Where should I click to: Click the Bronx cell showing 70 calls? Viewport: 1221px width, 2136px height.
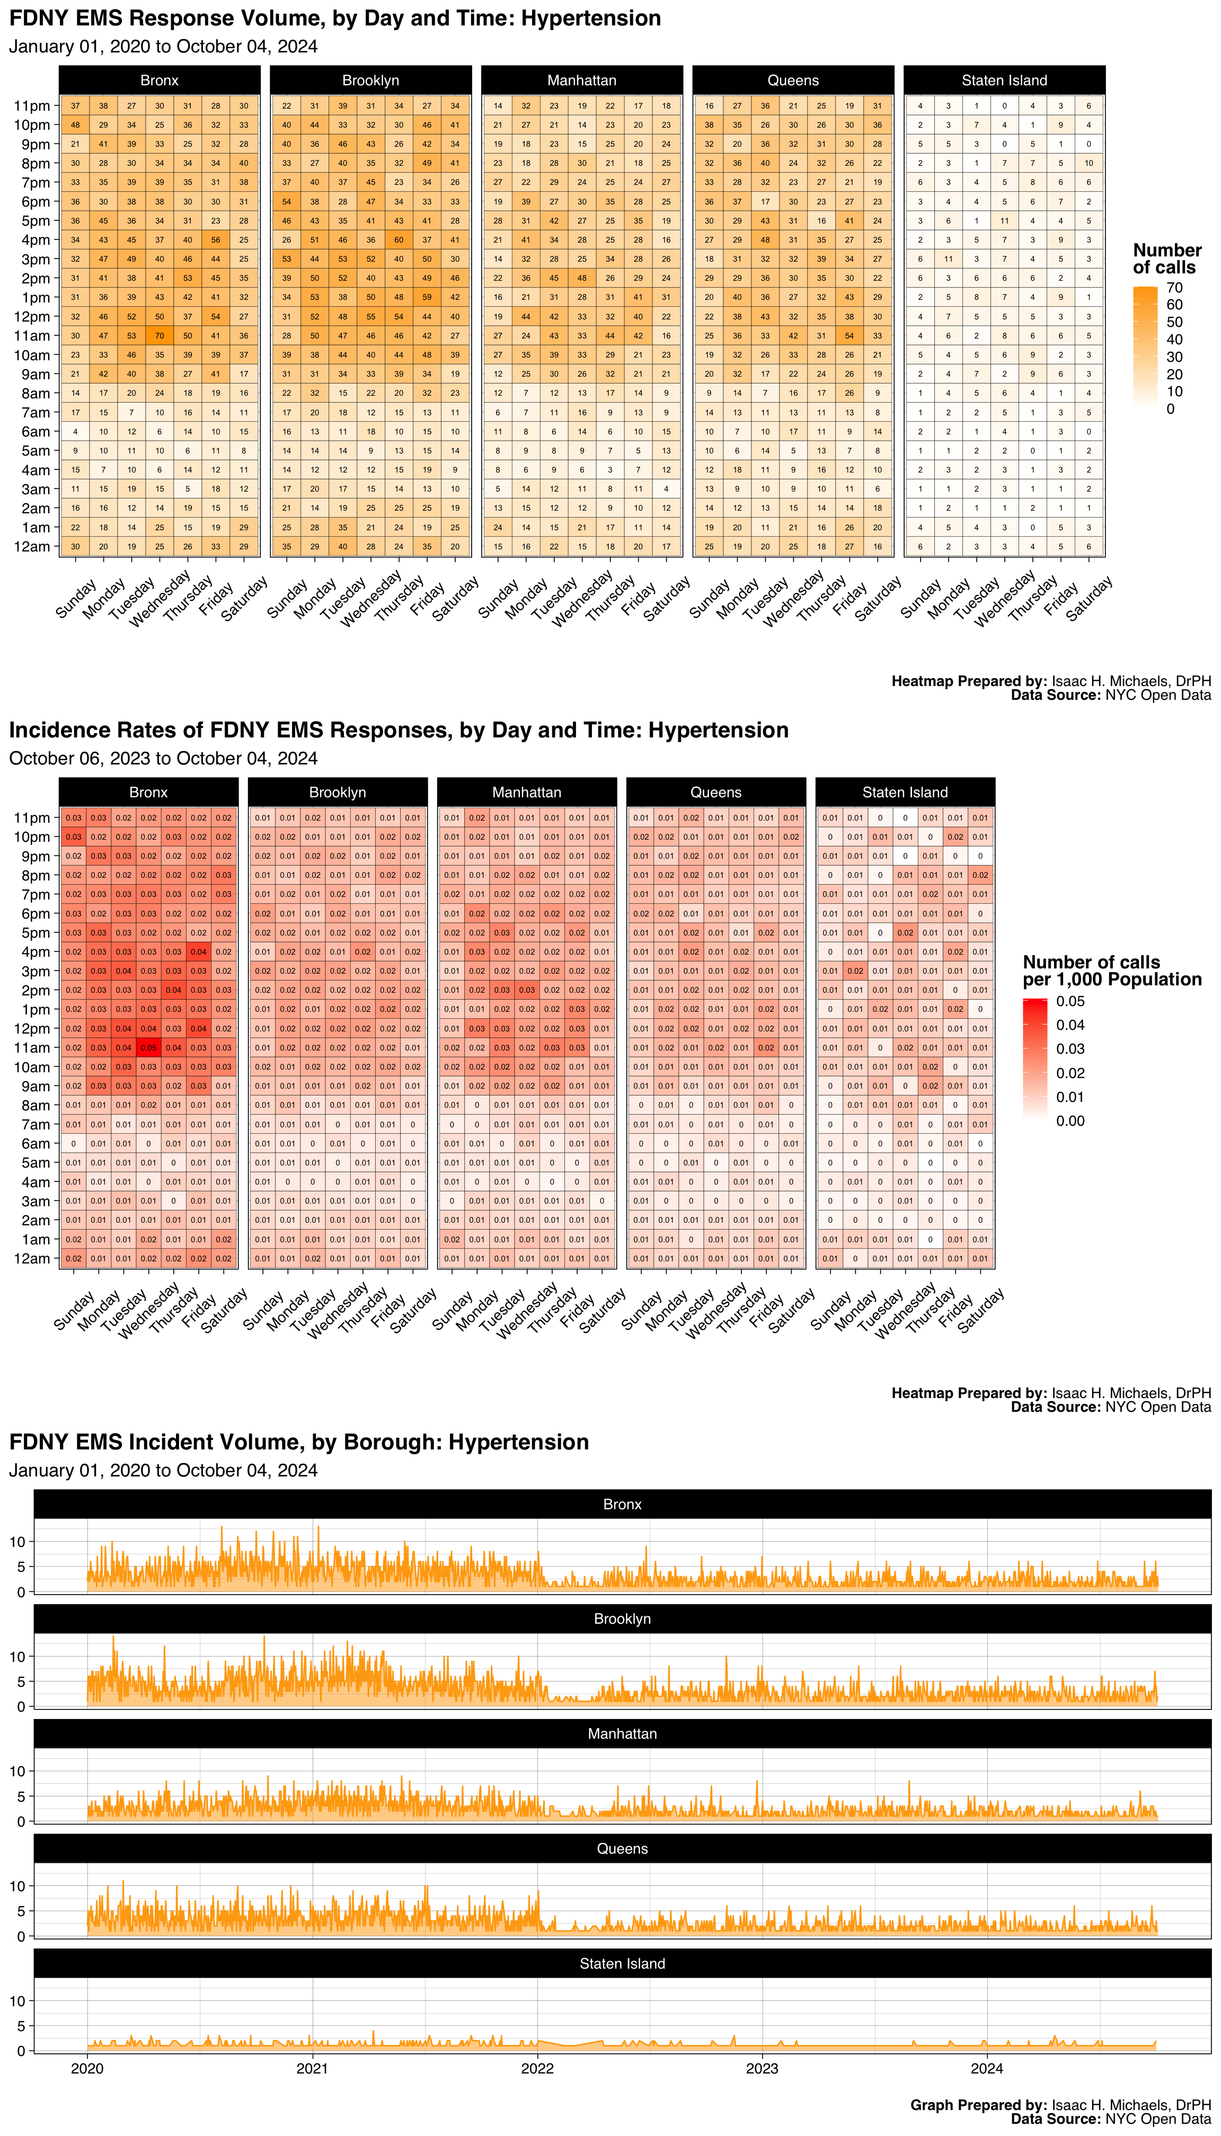click(x=160, y=335)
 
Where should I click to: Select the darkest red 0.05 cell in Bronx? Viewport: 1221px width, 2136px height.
click(x=148, y=1047)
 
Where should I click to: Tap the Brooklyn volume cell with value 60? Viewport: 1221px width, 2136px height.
click(x=399, y=240)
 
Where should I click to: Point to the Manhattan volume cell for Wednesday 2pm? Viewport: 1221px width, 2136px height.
click(x=582, y=278)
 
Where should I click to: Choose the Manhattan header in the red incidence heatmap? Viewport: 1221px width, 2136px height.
click(x=527, y=792)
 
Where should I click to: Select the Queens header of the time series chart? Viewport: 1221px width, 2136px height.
click(x=622, y=1848)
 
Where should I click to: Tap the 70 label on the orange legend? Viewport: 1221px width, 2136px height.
click(x=1174, y=288)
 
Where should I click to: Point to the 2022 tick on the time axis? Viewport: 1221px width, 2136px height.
click(x=537, y=2068)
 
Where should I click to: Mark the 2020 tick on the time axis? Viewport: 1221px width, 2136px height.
click(x=87, y=2068)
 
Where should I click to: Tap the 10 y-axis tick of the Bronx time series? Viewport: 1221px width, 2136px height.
click(x=17, y=1542)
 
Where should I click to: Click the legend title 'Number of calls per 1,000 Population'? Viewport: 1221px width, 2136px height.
click(x=1111, y=971)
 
